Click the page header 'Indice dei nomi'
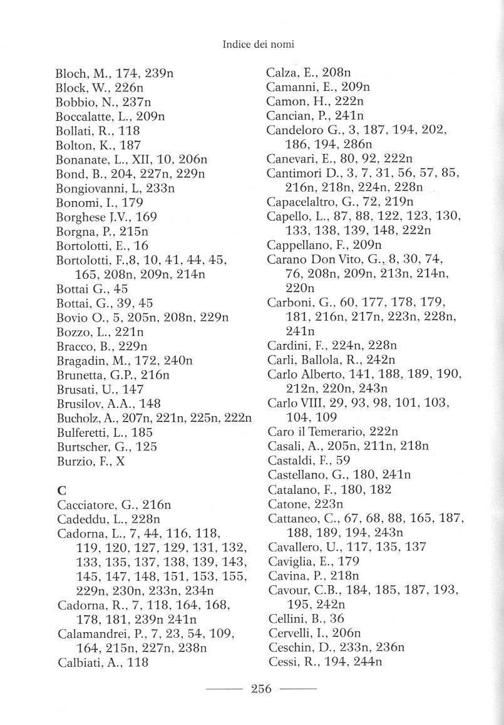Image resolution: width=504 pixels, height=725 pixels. pyautogui.click(x=258, y=44)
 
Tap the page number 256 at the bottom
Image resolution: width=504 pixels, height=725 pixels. pyautogui.click(x=260, y=690)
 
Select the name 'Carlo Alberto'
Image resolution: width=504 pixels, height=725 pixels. pyautogui.click(x=303, y=373)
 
